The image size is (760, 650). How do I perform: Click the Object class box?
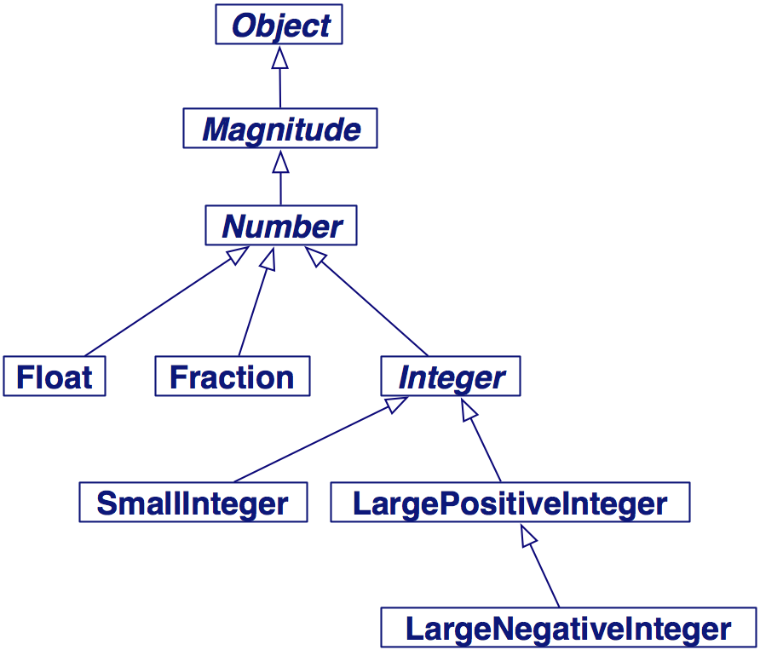279,26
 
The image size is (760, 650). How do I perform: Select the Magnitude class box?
280,129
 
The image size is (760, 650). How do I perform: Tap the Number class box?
280,227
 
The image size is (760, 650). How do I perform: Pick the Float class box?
54,377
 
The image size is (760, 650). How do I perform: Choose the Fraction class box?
232,377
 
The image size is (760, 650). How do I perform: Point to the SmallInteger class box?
193,503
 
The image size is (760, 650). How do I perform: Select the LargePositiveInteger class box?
510,503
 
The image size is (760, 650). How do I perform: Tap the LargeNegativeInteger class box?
568,629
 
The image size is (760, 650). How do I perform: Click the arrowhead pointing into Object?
279,57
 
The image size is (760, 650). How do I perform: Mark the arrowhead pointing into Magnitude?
280,161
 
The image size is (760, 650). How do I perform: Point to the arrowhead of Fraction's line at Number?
269,258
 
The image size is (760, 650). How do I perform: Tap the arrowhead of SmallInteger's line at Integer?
398,405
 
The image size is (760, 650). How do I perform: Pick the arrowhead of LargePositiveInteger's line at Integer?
468,410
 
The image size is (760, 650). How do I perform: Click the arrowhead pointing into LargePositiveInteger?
529,535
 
